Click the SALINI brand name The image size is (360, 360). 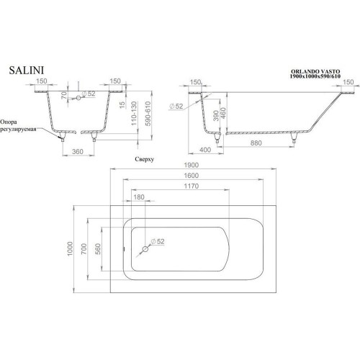pos(27,71)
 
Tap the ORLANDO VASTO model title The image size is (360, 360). pos(315,71)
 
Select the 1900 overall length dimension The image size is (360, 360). pos(192,165)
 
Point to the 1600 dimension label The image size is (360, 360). pos(192,176)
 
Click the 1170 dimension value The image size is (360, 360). pos(192,186)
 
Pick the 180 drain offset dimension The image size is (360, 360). pos(139,197)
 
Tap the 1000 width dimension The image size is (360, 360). pos(70,248)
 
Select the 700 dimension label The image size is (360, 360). pos(84,249)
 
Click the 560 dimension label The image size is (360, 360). pos(98,249)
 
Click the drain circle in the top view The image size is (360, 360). pos(145,249)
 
